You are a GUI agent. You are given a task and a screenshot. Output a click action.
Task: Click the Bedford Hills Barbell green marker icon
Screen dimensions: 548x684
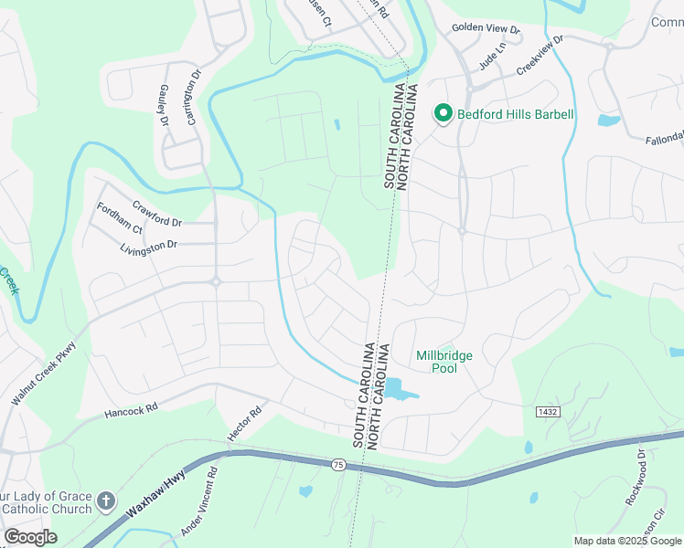(x=444, y=114)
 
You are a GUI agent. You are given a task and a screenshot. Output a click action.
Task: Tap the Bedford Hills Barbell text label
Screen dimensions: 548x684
(x=516, y=114)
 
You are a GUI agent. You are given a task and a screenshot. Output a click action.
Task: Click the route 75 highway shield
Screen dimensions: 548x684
(x=338, y=465)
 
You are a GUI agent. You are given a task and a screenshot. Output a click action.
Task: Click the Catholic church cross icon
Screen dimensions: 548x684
(x=106, y=501)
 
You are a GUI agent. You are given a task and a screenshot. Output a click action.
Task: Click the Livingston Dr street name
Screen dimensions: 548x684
(x=148, y=247)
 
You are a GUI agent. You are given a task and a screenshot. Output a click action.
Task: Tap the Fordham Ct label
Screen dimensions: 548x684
(x=120, y=217)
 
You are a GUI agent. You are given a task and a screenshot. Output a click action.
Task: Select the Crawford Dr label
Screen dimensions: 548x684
(x=157, y=215)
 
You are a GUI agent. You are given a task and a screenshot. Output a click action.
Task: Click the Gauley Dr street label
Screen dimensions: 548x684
(x=164, y=108)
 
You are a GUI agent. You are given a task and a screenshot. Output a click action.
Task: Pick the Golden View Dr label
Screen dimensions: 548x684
(x=486, y=30)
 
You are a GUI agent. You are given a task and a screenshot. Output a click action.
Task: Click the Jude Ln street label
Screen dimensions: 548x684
(x=493, y=60)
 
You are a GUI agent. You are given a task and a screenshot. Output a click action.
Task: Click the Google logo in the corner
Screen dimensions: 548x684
(x=30, y=536)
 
